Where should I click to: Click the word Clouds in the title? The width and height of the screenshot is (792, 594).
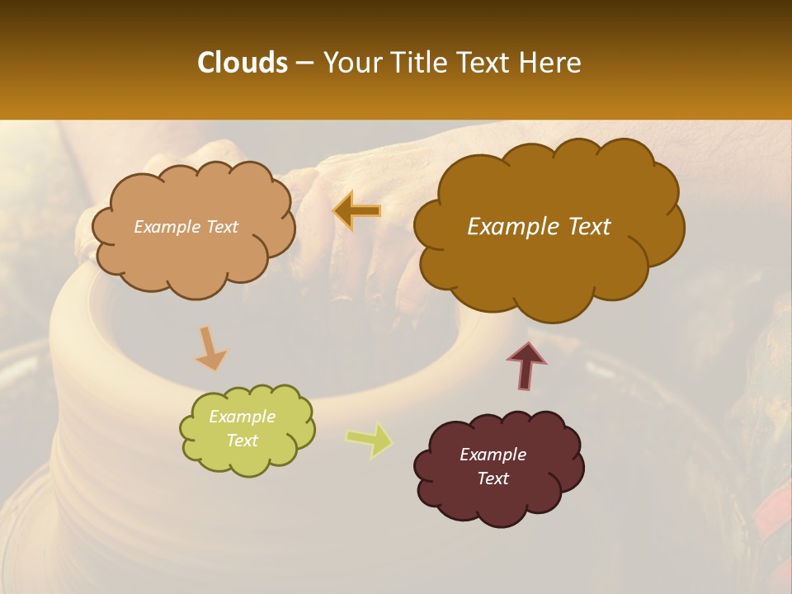tap(242, 63)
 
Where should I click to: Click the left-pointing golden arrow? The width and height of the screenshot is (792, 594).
tap(357, 211)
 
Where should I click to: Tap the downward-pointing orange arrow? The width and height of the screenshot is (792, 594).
tap(210, 348)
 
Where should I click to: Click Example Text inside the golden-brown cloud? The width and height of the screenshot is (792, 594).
tap(539, 227)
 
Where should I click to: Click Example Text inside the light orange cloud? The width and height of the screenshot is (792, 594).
tap(186, 227)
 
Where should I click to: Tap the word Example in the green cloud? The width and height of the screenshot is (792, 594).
tap(242, 417)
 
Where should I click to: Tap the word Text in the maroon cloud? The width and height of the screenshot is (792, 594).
tap(493, 478)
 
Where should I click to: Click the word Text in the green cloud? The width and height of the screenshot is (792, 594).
tap(242, 441)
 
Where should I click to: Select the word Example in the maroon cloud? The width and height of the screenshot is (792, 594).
tap(493, 455)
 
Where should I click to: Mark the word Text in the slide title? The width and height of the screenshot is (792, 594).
tap(486, 63)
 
